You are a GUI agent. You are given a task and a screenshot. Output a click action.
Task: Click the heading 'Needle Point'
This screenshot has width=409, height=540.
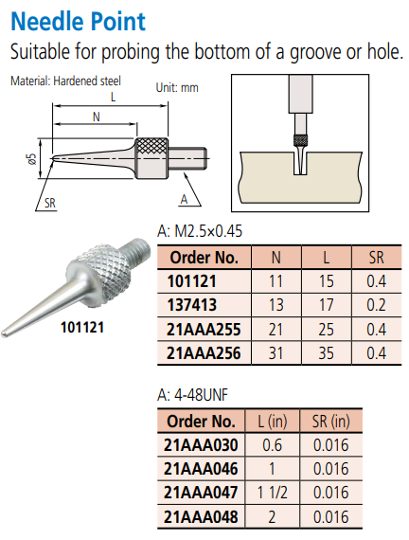pyautogui.click(x=79, y=22)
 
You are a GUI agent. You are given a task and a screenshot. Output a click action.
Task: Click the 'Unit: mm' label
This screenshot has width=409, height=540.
pyautogui.click(x=177, y=87)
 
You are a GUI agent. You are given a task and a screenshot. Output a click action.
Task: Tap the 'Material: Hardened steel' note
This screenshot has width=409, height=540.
pyautogui.click(x=65, y=81)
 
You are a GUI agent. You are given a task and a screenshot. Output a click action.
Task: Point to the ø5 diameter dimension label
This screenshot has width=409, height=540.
pyautogui.click(x=31, y=159)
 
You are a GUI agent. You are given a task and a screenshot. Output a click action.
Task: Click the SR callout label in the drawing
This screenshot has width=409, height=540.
pyautogui.click(x=50, y=203)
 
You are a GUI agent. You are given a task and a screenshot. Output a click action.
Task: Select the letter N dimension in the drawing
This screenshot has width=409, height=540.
pyautogui.click(x=97, y=117)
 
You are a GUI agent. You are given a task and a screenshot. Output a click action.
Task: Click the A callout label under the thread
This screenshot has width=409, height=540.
pyautogui.click(x=185, y=199)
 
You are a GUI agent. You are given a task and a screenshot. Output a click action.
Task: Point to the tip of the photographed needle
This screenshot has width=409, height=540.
pyautogui.click(x=4, y=333)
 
